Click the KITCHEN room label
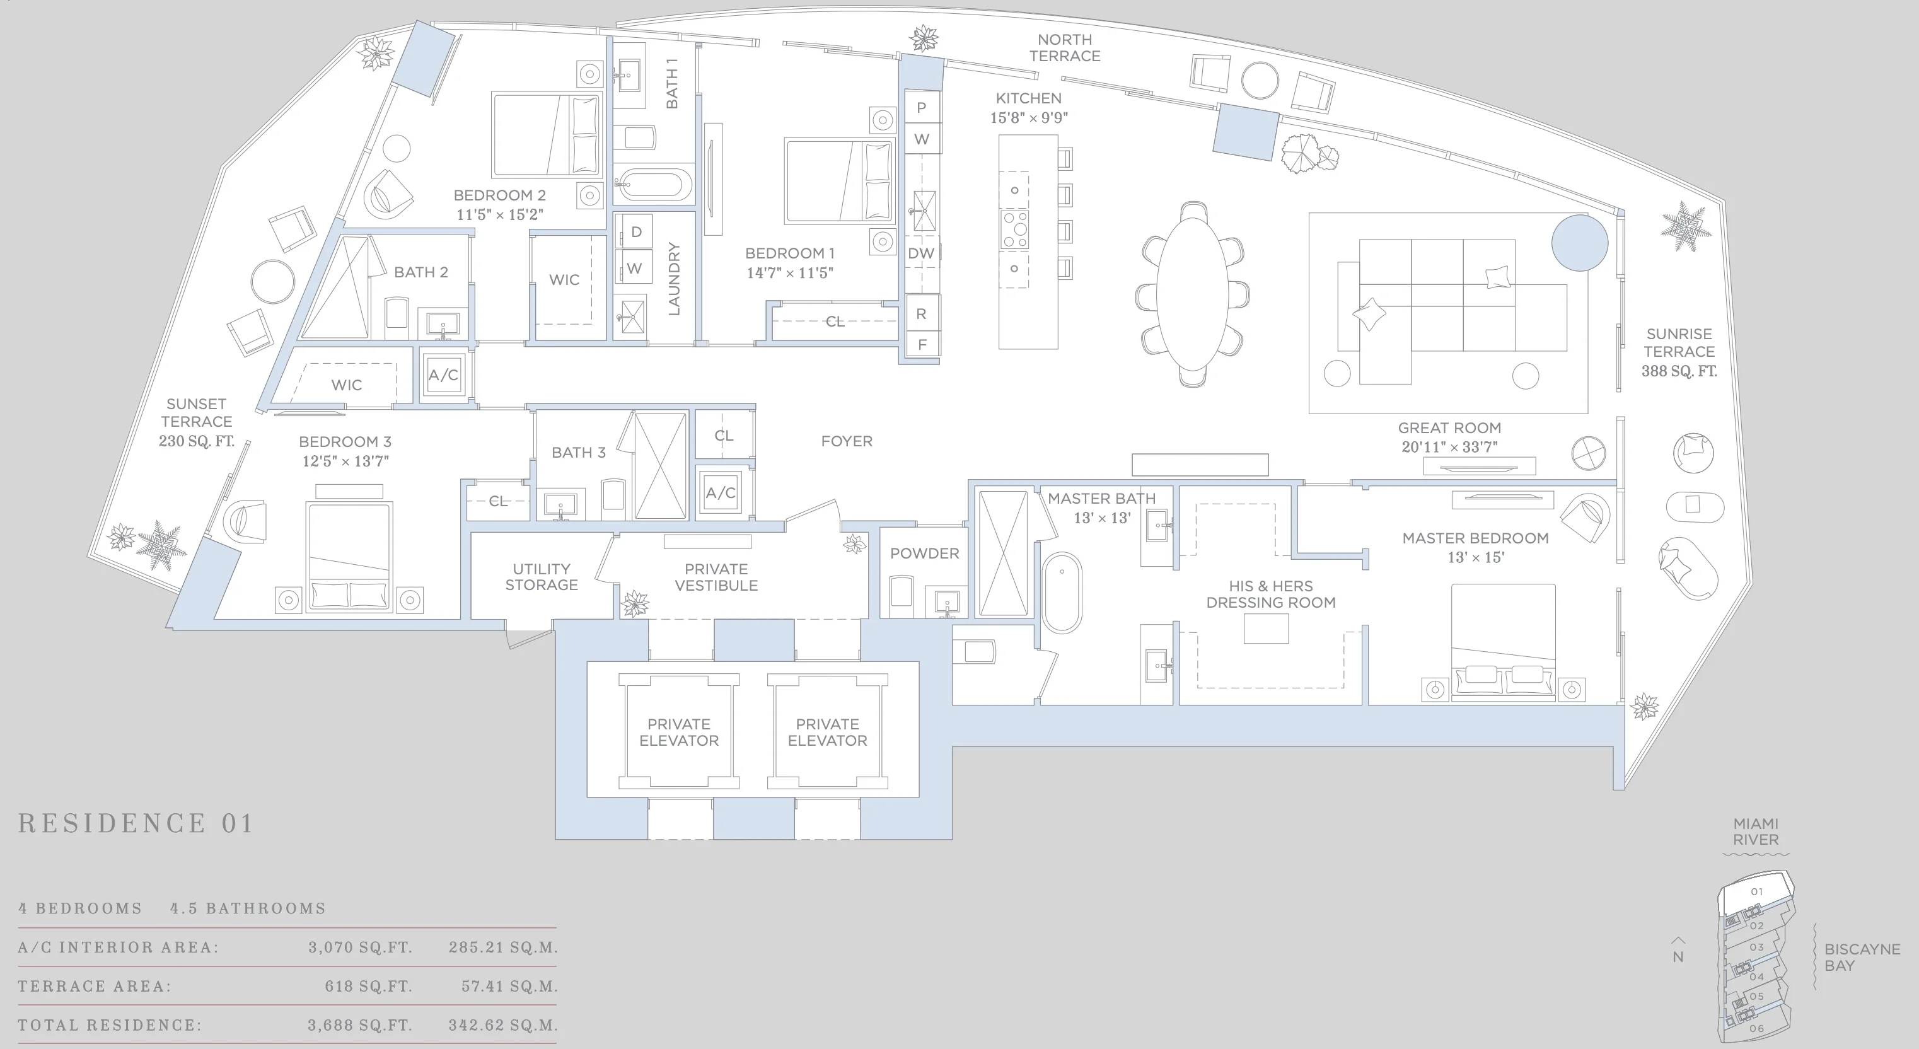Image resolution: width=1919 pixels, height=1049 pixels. [1028, 98]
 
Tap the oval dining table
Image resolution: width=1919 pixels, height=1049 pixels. [1193, 294]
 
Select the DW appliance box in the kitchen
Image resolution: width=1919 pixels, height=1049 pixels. [922, 253]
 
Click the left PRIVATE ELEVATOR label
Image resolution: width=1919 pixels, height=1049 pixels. [679, 732]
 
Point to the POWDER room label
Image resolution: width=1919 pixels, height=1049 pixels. [924, 553]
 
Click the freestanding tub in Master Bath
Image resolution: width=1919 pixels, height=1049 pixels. [1062, 593]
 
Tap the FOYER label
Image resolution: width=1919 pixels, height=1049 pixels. [846, 441]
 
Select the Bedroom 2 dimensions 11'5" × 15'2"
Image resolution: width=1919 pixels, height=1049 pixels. [499, 214]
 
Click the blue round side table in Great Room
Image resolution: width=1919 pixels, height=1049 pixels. [1579, 243]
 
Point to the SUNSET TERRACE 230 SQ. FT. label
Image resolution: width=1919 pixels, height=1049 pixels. [196, 422]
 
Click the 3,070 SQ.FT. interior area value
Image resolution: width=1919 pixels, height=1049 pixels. [360, 947]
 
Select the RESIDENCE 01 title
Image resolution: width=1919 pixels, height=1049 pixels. [136, 823]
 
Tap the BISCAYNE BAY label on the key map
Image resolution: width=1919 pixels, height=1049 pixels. [1861, 956]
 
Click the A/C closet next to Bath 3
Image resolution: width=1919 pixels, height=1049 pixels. [721, 492]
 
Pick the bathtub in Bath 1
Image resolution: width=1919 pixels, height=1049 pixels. [656, 184]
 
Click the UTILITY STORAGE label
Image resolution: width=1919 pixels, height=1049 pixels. [541, 577]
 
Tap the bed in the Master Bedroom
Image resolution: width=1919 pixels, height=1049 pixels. [1502, 640]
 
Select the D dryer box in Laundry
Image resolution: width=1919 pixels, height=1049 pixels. [635, 232]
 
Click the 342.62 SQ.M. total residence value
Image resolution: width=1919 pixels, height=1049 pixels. [503, 1024]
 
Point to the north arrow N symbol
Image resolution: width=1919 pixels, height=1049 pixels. [1678, 951]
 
